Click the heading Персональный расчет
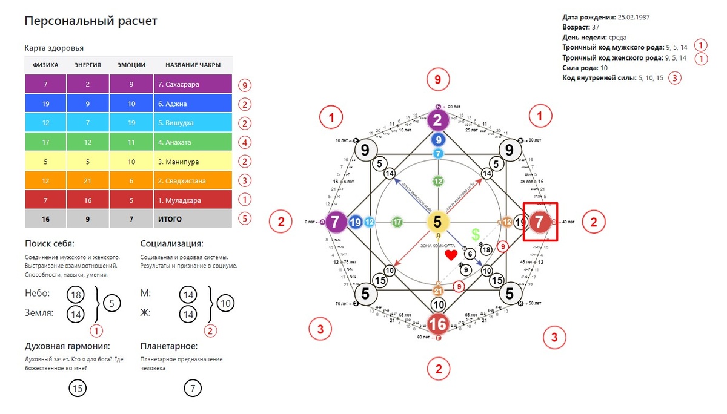[x=91, y=21]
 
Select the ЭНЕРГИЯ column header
[x=87, y=65]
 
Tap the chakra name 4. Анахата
[x=178, y=143]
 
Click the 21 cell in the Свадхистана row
[x=87, y=181]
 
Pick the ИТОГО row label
[x=170, y=218]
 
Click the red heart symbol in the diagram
[x=451, y=255]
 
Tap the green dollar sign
[x=476, y=234]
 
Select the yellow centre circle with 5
[x=437, y=222]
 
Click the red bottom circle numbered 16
[x=437, y=324]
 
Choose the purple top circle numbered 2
[x=437, y=120]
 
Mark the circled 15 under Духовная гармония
[x=77, y=389]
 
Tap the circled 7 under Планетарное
[x=192, y=389]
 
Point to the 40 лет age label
[x=568, y=222]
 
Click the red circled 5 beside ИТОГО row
[x=244, y=219]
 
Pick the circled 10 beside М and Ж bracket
[x=225, y=303]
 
